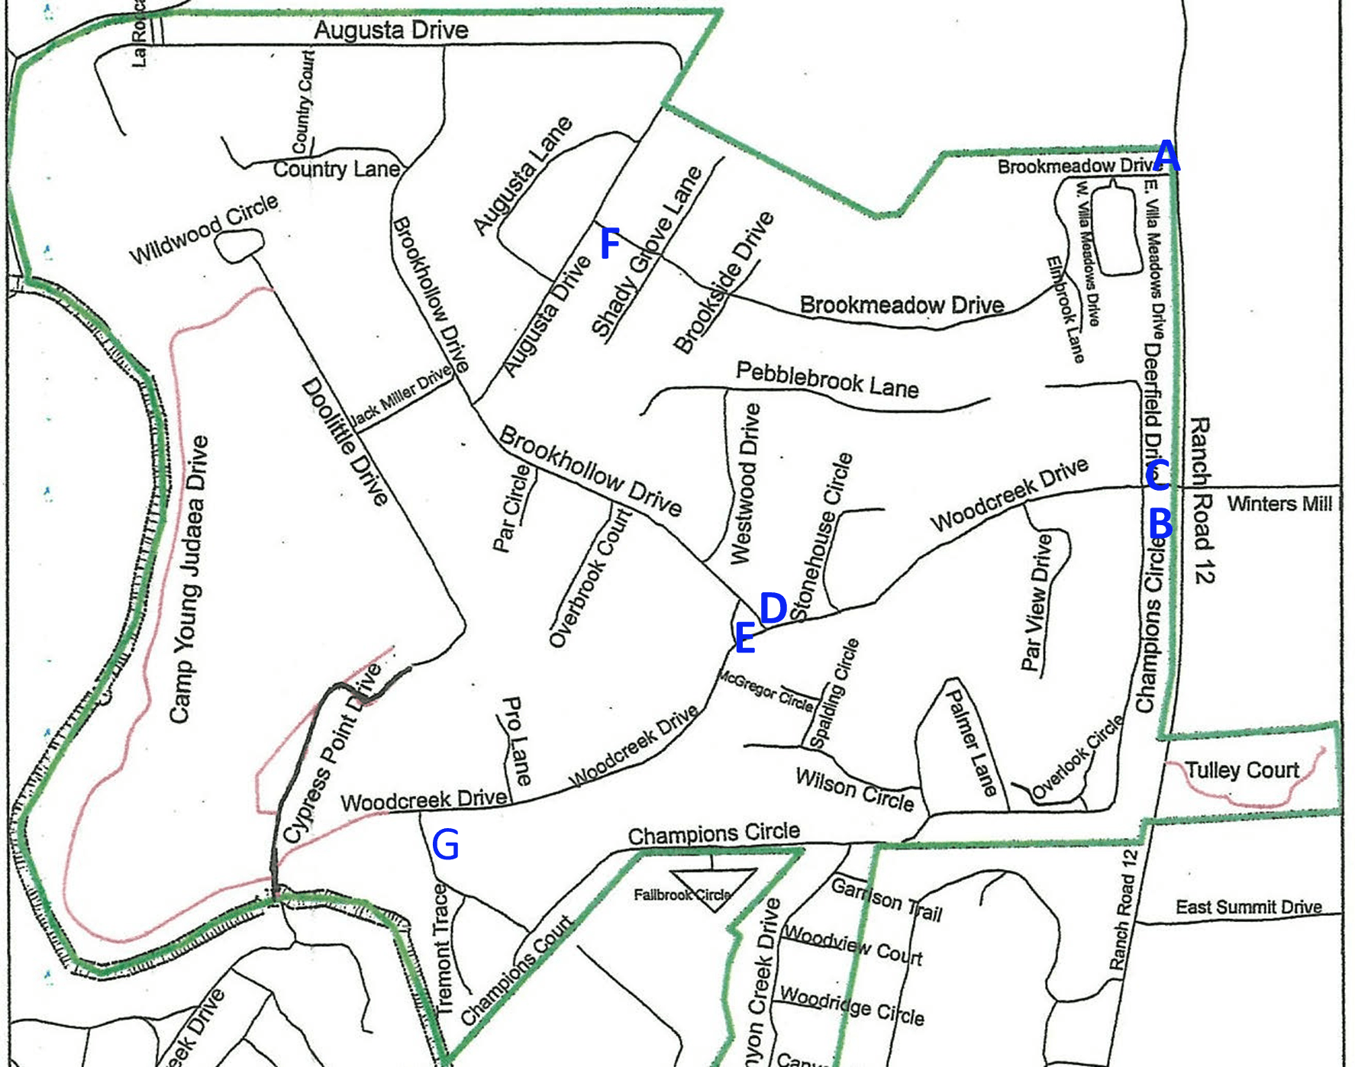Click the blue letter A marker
(x=1166, y=157)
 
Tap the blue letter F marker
(x=609, y=243)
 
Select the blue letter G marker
(x=445, y=845)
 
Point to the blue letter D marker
(x=773, y=608)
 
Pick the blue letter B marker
(x=1160, y=524)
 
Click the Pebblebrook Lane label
(x=827, y=380)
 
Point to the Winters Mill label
(x=1279, y=504)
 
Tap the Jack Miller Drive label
(x=400, y=395)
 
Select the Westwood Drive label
(x=744, y=484)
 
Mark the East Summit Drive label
(x=1248, y=907)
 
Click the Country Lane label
(x=336, y=169)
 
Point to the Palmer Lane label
(x=971, y=742)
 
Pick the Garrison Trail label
(x=886, y=899)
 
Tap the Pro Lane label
(x=517, y=740)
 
